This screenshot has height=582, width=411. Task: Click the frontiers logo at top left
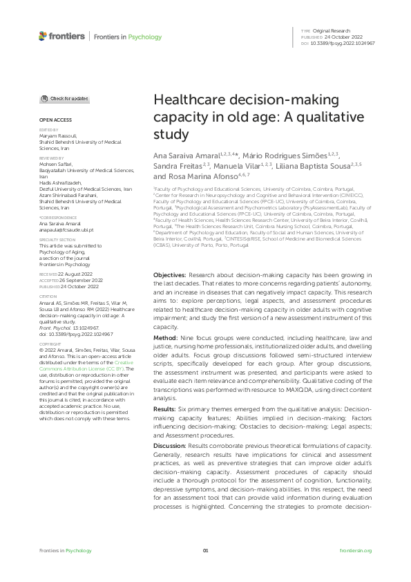click(x=62, y=36)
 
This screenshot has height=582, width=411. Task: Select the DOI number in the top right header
click(x=345, y=43)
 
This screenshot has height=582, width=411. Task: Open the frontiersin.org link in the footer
click(x=356, y=550)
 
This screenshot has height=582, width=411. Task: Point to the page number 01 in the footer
click(x=205, y=550)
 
